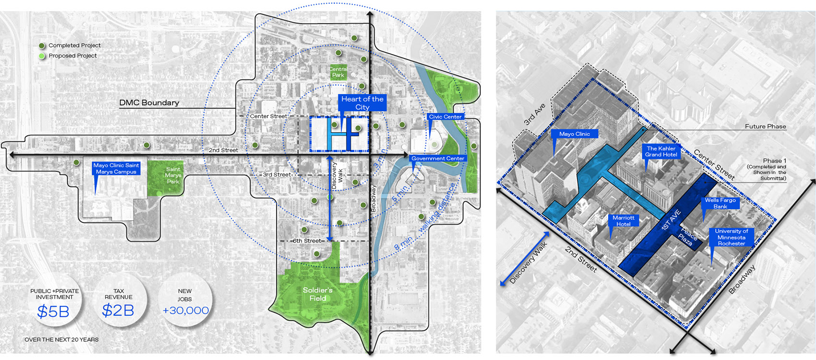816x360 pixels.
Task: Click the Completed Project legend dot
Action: (42, 46)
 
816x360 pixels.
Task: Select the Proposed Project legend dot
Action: (42, 56)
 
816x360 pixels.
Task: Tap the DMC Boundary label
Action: (149, 103)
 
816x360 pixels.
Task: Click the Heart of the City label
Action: (362, 103)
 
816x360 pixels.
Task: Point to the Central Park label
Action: (338, 72)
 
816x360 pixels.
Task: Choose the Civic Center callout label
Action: (445, 117)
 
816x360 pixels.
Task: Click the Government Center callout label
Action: (438, 158)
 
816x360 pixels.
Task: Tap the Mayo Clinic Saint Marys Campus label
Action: (116, 168)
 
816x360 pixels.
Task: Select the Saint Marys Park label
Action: (173, 175)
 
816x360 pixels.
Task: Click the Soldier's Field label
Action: (318, 294)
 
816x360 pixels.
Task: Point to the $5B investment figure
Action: (53, 312)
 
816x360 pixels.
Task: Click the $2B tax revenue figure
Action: (118, 311)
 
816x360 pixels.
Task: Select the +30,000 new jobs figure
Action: (186, 311)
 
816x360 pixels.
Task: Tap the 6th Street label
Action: (307, 241)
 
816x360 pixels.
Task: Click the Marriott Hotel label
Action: (623, 221)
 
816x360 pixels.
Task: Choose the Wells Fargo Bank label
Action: (720, 203)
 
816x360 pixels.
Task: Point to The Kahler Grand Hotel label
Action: (661, 152)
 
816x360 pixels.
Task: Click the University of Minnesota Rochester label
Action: (731, 237)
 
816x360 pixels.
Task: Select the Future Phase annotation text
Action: (765, 127)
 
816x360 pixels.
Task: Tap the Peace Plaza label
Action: (687, 236)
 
